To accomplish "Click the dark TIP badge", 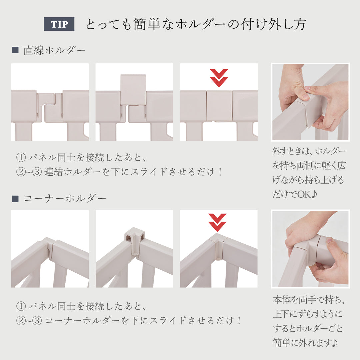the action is pos(59,24).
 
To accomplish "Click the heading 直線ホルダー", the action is pos(54,50).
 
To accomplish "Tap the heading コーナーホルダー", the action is pos(65,198).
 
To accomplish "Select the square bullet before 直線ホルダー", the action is pos(15,50).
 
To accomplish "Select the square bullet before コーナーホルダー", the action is pos(15,199).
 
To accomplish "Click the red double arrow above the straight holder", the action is pos(219,78).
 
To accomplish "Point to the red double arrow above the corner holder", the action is pos(217,222).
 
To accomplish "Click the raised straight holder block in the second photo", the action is pos(133,90).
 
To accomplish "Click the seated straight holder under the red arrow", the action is pos(219,106).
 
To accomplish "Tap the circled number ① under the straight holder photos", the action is pos(21,157).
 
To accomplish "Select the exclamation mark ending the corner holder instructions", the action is pos(239,320).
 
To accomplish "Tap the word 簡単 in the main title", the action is pos(147,24).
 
